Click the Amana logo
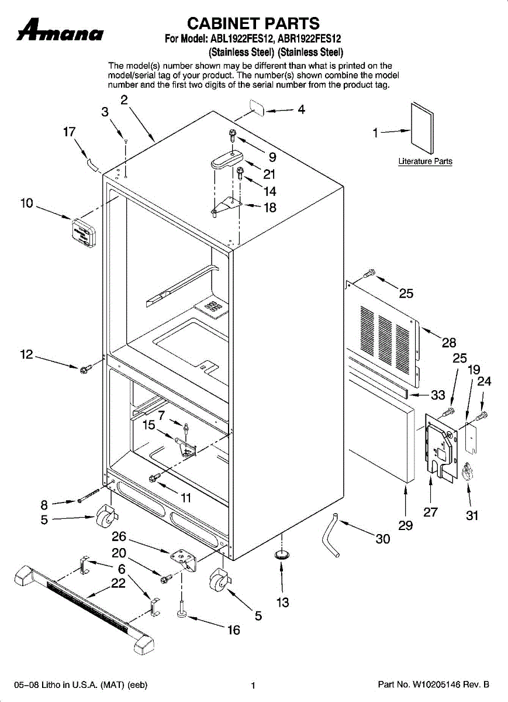61,31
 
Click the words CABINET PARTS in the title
253,23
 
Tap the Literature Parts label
425,161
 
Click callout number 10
27,204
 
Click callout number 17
70,132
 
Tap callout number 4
301,109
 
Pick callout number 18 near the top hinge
269,207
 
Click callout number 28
449,342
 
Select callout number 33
438,395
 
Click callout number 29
406,525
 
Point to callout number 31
472,515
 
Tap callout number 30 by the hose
383,539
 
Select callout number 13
283,602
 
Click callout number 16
233,630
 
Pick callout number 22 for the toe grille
119,583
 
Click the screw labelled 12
85,369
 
